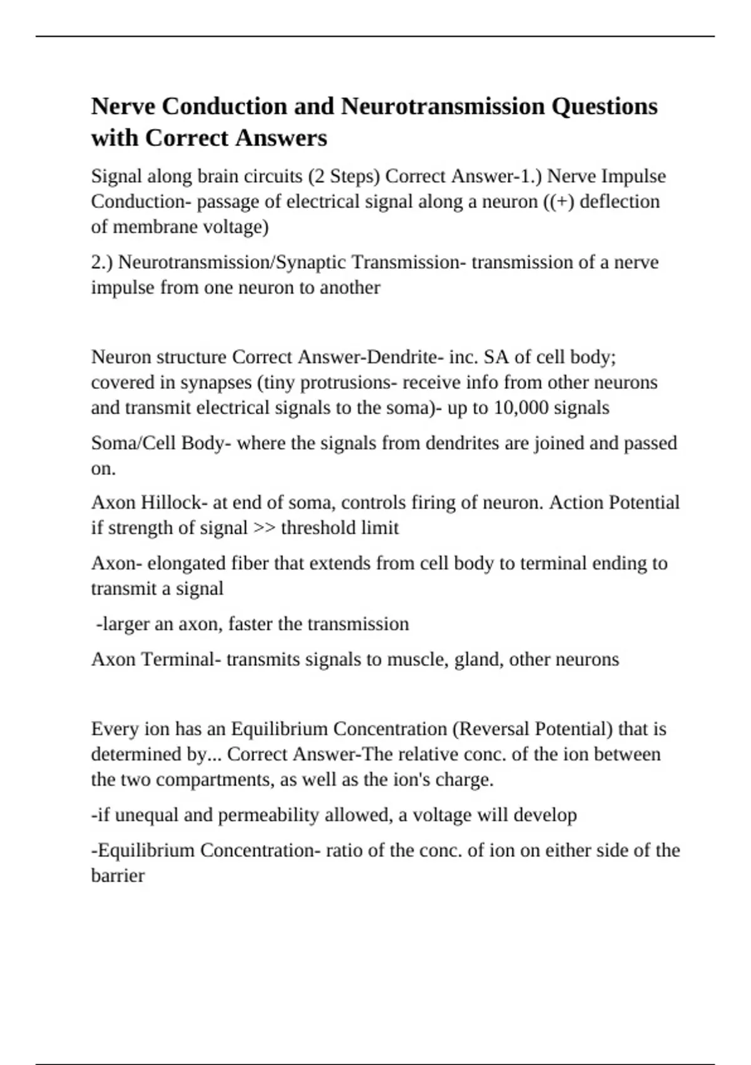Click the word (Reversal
point(491,729)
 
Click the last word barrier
point(118,875)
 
